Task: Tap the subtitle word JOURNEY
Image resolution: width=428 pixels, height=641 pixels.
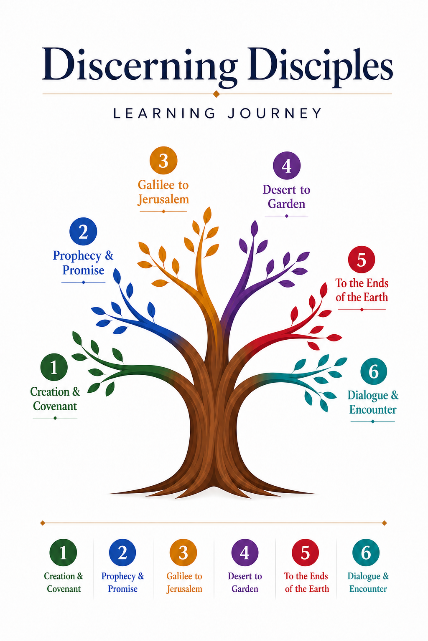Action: pyautogui.click(x=275, y=114)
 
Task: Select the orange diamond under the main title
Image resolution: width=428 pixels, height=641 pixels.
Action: pyautogui.click(x=217, y=94)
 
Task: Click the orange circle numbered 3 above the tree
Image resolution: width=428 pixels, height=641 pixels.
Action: pyautogui.click(x=163, y=160)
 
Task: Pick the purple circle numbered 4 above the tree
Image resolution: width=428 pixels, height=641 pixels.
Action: pyautogui.click(x=287, y=165)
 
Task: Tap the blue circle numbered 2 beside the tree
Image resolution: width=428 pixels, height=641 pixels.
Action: pyautogui.click(x=83, y=231)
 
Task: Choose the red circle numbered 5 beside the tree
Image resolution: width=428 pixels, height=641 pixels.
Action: pyautogui.click(x=362, y=259)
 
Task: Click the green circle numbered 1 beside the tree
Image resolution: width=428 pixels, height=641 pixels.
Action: pyautogui.click(x=54, y=367)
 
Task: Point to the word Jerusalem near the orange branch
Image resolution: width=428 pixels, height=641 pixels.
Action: pyautogui.click(x=163, y=199)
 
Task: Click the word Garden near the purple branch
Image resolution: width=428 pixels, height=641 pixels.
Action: pyautogui.click(x=286, y=204)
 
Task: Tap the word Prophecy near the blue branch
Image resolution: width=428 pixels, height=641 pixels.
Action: pyautogui.click(x=77, y=256)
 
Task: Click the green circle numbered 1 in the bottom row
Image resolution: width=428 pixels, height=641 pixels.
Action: pyautogui.click(x=63, y=553)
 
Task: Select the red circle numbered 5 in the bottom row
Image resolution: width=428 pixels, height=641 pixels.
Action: pyautogui.click(x=305, y=553)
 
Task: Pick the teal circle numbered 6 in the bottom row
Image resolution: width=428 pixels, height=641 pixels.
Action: pyautogui.click(x=366, y=553)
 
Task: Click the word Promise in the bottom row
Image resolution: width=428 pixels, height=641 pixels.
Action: pyautogui.click(x=123, y=589)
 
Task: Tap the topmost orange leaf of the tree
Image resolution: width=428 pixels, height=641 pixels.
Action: pyautogui.click(x=207, y=215)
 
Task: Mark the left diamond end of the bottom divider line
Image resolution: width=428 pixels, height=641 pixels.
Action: pyautogui.click(x=43, y=523)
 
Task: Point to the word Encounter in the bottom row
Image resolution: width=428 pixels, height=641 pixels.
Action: pyautogui.click(x=368, y=589)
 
